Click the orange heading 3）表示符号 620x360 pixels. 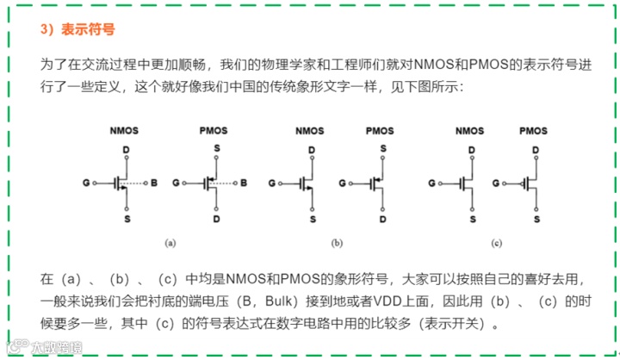77,28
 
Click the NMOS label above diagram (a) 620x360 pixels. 125,131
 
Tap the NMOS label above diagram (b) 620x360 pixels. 310,131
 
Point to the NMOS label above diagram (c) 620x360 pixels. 469,131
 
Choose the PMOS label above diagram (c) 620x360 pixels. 534,131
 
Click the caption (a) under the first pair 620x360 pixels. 170,244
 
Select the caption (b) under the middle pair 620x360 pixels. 337,244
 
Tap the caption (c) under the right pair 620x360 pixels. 497,244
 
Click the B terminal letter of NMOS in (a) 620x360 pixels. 154,183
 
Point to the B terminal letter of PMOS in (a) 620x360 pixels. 245,183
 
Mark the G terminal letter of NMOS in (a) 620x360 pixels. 86,183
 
